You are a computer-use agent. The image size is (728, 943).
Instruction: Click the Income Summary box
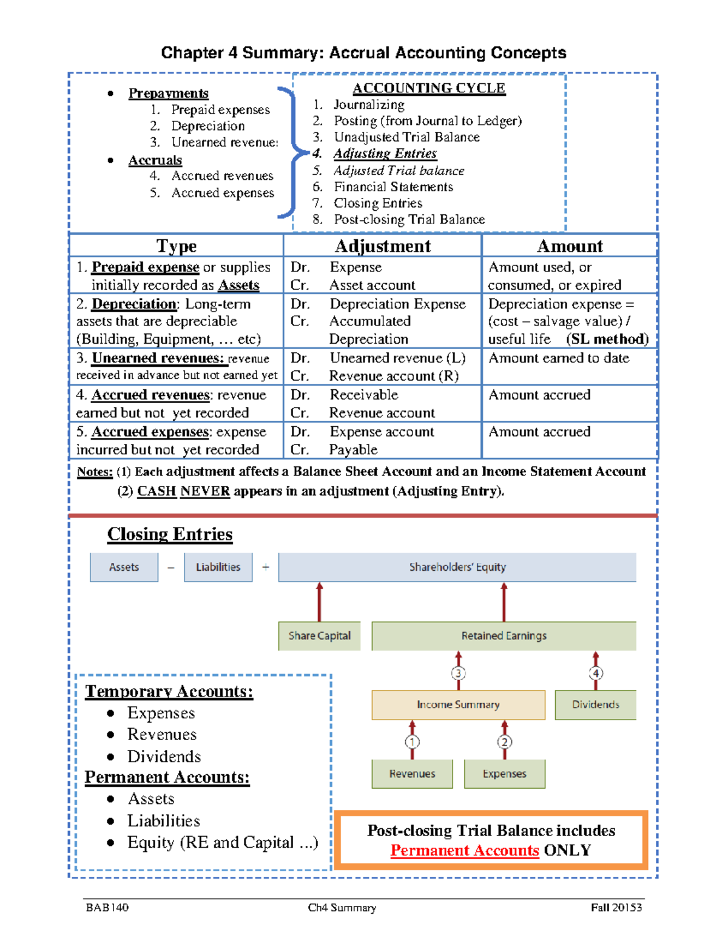[458, 704]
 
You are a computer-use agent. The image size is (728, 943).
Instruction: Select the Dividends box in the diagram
[595, 704]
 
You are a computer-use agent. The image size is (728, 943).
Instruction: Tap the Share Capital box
[319, 636]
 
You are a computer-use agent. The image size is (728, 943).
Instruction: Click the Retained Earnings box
[504, 636]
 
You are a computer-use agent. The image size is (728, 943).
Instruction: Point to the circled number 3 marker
[458, 673]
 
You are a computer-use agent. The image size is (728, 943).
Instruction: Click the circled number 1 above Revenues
[412, 741]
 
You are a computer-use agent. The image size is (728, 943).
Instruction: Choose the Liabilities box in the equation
[218, 567]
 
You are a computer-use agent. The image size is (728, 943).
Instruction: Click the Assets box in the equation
[124, 567]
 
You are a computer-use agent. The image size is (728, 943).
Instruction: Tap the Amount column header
[569, 246]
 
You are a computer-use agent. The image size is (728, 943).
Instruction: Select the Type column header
[176, 246]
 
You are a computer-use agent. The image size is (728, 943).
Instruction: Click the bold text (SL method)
[607, 339]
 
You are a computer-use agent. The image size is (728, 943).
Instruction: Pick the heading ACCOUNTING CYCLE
[428, 88]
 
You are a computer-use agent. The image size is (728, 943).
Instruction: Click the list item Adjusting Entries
[385, 154]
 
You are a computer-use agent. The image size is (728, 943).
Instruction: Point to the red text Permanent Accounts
[464, 850]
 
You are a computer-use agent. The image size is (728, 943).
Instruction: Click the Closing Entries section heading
[170, 534]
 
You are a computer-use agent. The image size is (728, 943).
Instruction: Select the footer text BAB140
[107, 907]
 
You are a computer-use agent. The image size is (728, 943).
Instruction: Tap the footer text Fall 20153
[616, 907]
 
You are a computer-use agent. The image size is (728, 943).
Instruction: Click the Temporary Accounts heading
[169, 691]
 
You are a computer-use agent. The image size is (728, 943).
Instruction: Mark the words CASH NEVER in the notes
[183, 491]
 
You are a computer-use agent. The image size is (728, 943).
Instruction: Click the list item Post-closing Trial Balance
[409, 219]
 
